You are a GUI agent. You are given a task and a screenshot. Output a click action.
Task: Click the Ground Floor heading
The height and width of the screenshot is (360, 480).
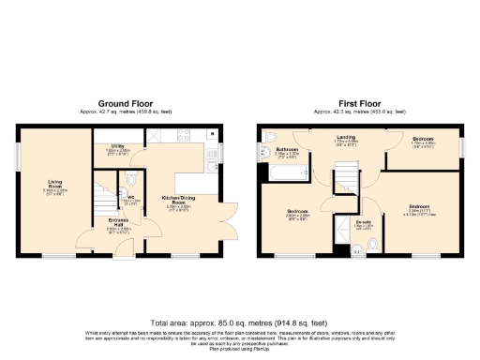pyautogui.click(x=119, y=105)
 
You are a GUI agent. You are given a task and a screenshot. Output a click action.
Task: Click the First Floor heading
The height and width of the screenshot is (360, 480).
pyautogui.click(x=359, y=105)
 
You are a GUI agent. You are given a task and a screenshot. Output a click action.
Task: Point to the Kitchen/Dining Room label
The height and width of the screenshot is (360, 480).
pyautogui.click(x=178, y=201)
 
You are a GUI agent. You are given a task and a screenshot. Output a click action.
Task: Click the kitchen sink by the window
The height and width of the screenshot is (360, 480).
pyautogui.click(x=214, y=148)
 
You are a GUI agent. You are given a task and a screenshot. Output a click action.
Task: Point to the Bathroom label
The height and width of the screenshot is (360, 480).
pyautogui.click(x=286, y=151)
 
